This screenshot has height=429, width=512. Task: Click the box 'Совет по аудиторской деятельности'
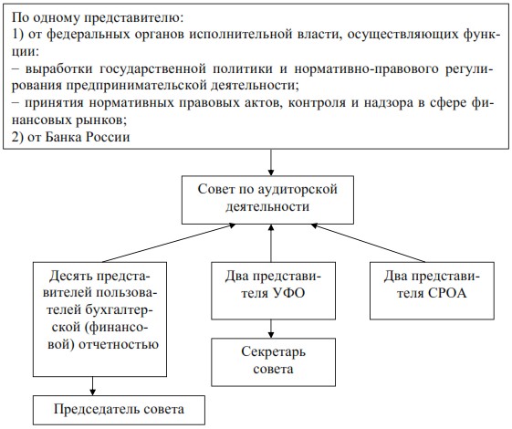(267, 200)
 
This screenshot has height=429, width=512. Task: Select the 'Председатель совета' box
(119, 410)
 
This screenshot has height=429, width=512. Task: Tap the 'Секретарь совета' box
(273, 362)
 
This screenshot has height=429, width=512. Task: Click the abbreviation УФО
(288, 293)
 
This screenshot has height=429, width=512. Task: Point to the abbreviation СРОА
(447, 293)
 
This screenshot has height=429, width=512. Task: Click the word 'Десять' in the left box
(70, 277)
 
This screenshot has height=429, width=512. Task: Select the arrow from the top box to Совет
(271, 162)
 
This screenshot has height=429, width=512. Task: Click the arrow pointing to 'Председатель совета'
(93, 386)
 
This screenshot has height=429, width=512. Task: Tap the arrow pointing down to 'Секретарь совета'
(271, 329)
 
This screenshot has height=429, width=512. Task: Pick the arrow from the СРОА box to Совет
(369, 243)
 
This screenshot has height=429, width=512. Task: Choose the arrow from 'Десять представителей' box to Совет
(169, 243)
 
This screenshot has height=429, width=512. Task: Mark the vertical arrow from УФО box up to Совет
(271, 243)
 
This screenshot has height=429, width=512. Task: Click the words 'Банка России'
(88, 137)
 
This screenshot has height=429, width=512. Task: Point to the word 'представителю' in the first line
(134, 17)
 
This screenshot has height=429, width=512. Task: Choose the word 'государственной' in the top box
(152, 69)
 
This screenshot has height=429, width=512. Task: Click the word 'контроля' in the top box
(317, 103)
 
